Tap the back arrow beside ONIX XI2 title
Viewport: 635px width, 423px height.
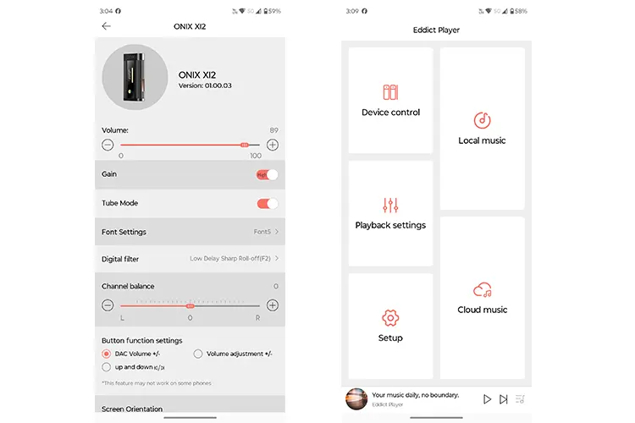point(106,26)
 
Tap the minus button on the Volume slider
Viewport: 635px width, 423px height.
point(108,145)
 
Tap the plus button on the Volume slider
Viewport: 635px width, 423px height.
point(273,145)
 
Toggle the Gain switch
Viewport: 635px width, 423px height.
point(267,174)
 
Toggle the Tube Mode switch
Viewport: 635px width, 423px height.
point(267,203)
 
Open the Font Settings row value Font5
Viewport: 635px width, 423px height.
point(265,232)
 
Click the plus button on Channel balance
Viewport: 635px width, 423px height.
point(273,305)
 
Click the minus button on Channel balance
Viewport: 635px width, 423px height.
point(108,305)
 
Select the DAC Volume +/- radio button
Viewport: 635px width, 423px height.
point(107,354)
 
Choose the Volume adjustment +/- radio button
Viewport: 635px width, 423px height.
point(198,354)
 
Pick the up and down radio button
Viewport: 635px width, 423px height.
point(107,367)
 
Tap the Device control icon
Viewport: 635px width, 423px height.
point(390,92)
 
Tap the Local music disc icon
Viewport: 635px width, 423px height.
point(482,120)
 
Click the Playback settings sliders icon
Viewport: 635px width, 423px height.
point(390,205)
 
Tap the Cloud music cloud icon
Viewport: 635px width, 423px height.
point(483,290)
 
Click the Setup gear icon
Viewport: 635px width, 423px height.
point(390,318)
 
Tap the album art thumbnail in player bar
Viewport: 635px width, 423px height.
point(356,398)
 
